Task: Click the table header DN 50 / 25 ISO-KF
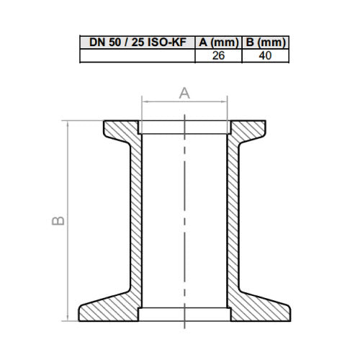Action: [x=138, y=42]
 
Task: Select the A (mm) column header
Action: [x=219, y=42]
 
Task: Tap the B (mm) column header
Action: [x=266, y=42]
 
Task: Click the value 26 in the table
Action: [x=218, y=55]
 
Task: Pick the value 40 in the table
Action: [x=265, y=55]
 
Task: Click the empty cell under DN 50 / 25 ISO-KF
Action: [x=138, y=55]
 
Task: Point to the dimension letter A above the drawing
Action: [x=184, y=93]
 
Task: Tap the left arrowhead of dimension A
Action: [x=144, y=102]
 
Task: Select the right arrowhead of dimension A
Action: [x=225, y=102]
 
